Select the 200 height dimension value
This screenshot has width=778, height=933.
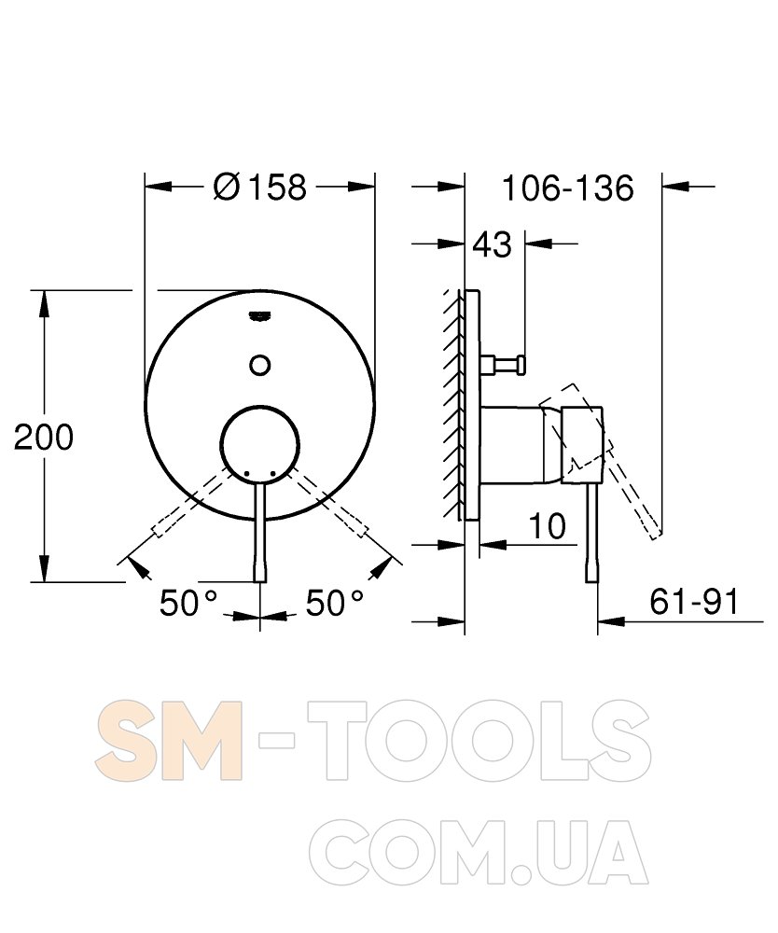pos(44,437)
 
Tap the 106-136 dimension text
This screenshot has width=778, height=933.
pos(568,188)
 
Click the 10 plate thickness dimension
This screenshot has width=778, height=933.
pos(547,526)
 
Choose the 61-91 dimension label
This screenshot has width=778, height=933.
pos(693,601)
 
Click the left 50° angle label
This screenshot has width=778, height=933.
pos(188,603)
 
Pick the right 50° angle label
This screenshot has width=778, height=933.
pos(334,603)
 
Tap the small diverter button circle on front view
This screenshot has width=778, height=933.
pos(260,364)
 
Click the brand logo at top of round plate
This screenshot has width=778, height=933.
pos(260,314)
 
